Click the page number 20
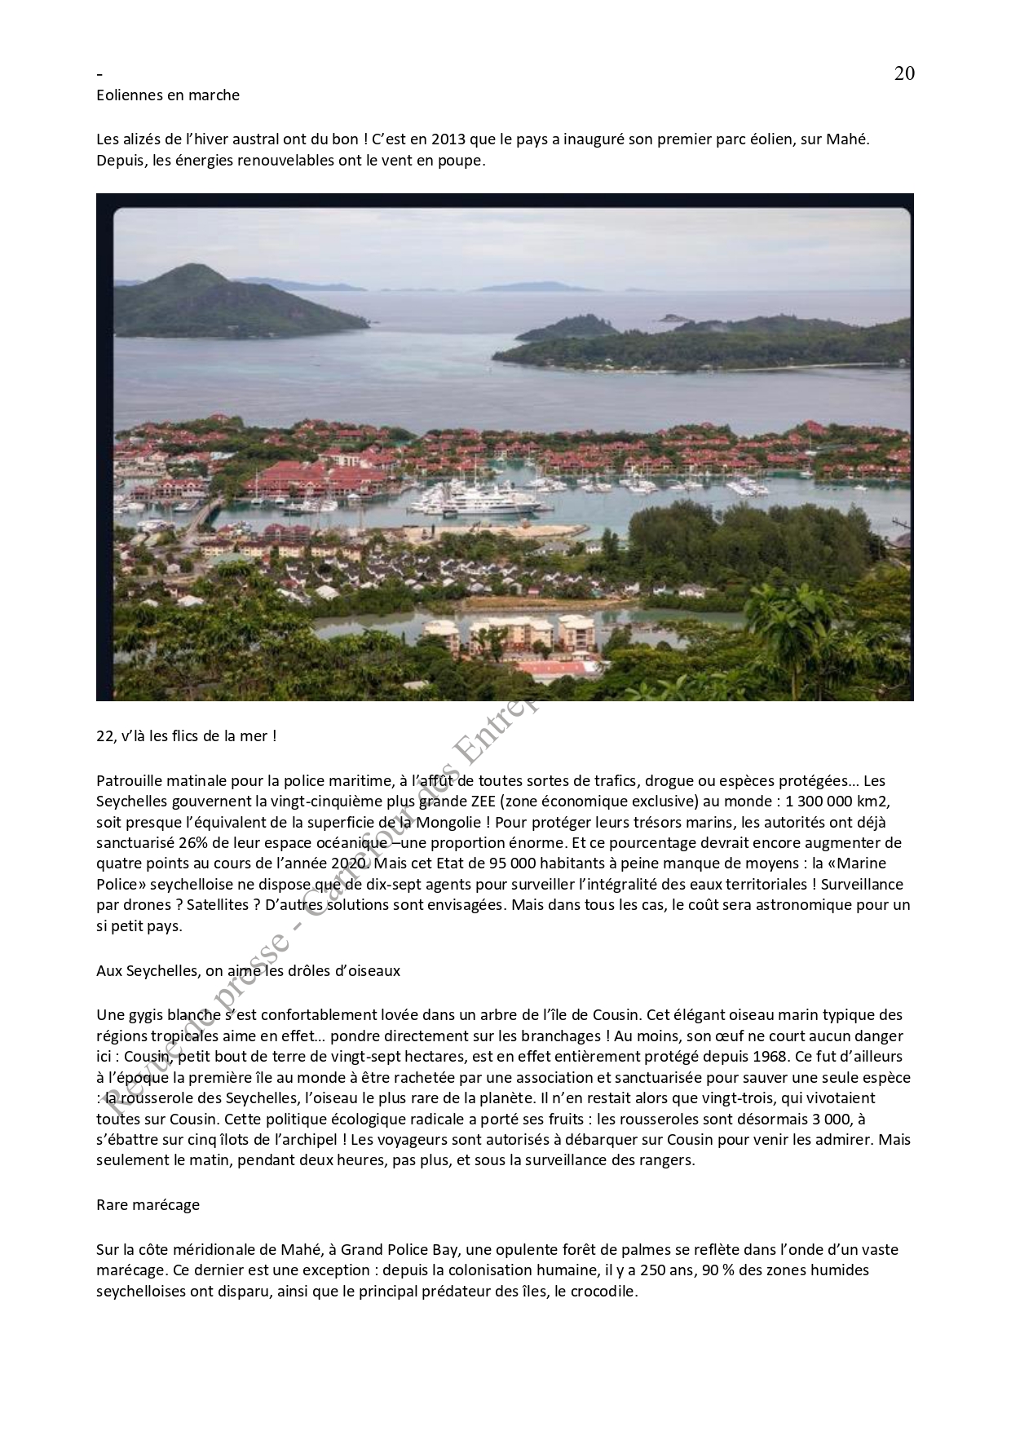click(904, 73)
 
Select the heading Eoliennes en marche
click(168, 95)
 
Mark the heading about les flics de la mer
click(187, 735)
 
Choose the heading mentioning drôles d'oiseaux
click(249, 971)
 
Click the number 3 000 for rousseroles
click(827, 1119)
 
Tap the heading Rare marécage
click(148, 1205)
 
